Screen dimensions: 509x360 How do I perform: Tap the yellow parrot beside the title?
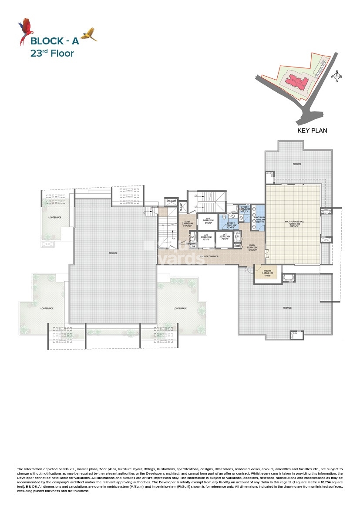click(89, 34)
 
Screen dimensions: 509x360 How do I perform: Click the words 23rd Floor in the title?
click(52, 54)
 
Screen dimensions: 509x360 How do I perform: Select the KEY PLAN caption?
click(312, 130)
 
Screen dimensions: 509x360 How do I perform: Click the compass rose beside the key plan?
click(336, 77)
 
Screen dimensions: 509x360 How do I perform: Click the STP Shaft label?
click(169, 201)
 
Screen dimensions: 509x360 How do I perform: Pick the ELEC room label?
click(237, 236)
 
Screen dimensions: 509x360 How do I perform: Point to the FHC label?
click(192, 237)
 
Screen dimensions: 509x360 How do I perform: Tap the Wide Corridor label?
click(208, 256)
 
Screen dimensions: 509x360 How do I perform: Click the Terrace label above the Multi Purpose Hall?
click(297, 164)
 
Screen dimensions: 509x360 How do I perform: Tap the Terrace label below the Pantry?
click(287, 308)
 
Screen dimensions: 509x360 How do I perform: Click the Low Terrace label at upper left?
click(54, 217)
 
